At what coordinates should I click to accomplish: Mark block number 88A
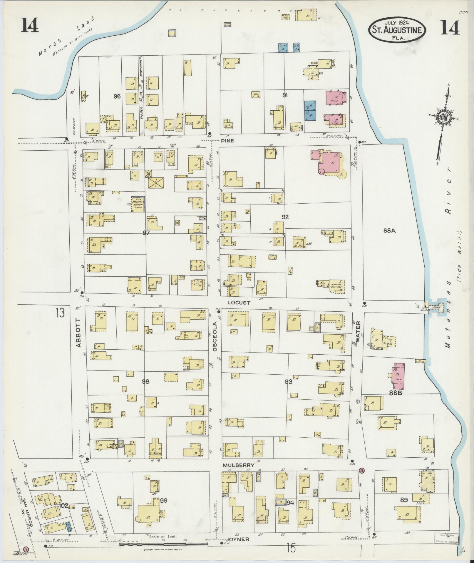tap(389, 231)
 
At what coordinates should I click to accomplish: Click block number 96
tap(117, 96)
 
